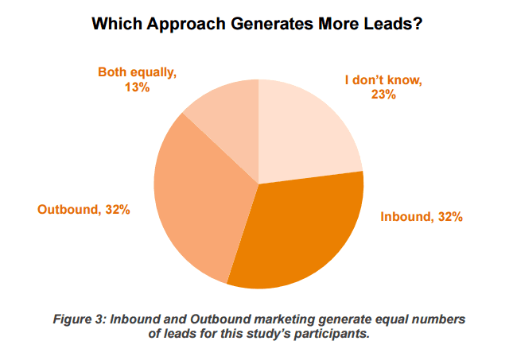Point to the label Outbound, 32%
(x=84, y=210)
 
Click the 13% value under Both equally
(x=137, y=87)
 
